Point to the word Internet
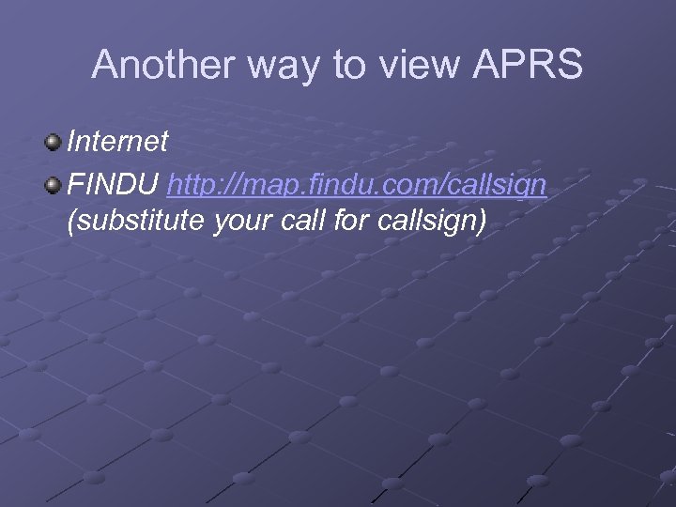118,142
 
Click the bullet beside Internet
53,143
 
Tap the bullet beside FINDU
53,184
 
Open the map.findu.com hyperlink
357,185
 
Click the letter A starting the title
103,65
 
